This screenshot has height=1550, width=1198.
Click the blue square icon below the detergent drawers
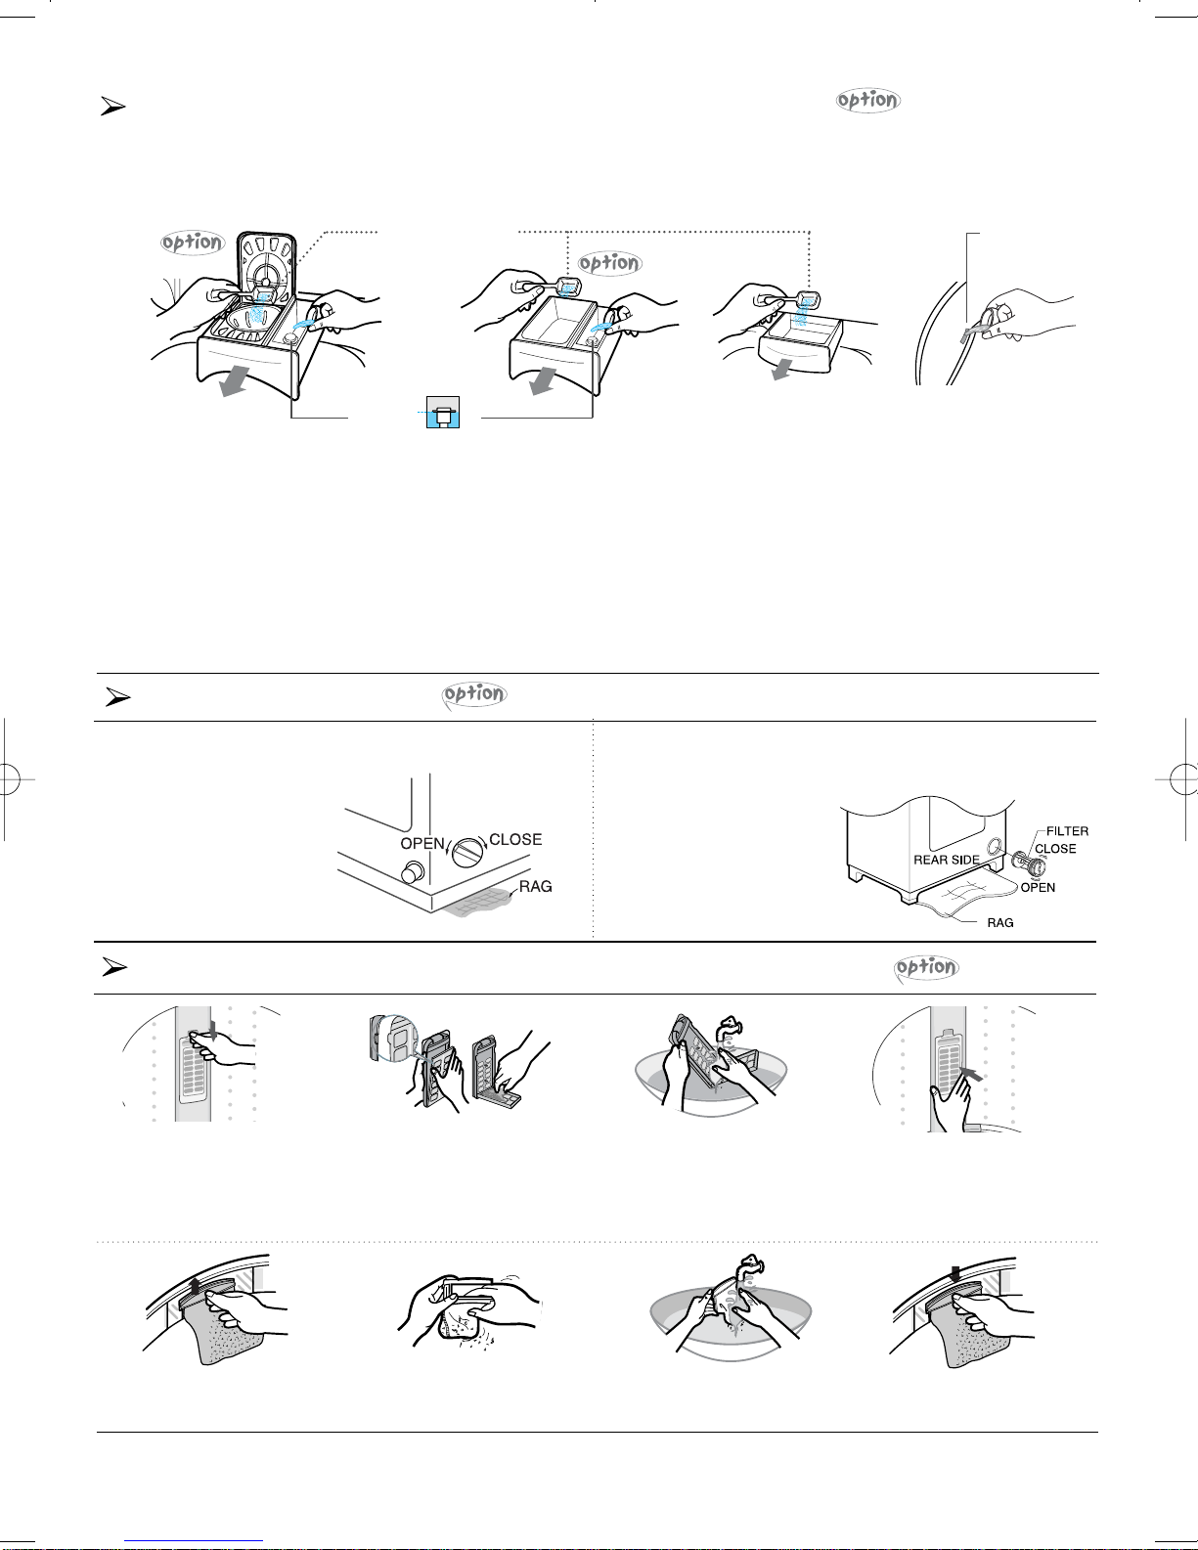[443, 412]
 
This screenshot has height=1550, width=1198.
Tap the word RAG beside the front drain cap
[536, 886]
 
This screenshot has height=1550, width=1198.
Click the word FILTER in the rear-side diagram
[1067, 831]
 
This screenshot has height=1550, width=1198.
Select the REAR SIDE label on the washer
[947, 860]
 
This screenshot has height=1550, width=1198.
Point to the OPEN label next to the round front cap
[422, 843]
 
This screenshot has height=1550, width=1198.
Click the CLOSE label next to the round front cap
[515, 839]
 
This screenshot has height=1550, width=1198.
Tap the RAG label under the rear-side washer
[999, 922]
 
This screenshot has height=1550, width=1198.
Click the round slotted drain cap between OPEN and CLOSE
[467, 852]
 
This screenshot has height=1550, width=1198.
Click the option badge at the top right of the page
[867, 100]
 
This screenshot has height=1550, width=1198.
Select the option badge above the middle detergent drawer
[609, 263]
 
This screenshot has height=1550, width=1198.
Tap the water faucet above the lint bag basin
[748, 1268]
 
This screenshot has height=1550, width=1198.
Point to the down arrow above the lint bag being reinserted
[955, 1272]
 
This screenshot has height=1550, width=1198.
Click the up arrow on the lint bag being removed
[197, 1286]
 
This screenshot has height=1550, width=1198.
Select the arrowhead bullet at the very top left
[112, 107]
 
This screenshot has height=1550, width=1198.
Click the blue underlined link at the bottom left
[194, 1541]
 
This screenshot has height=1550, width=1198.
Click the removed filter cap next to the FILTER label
[1028, 864]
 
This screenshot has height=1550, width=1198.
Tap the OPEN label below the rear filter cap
[1038, 887]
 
